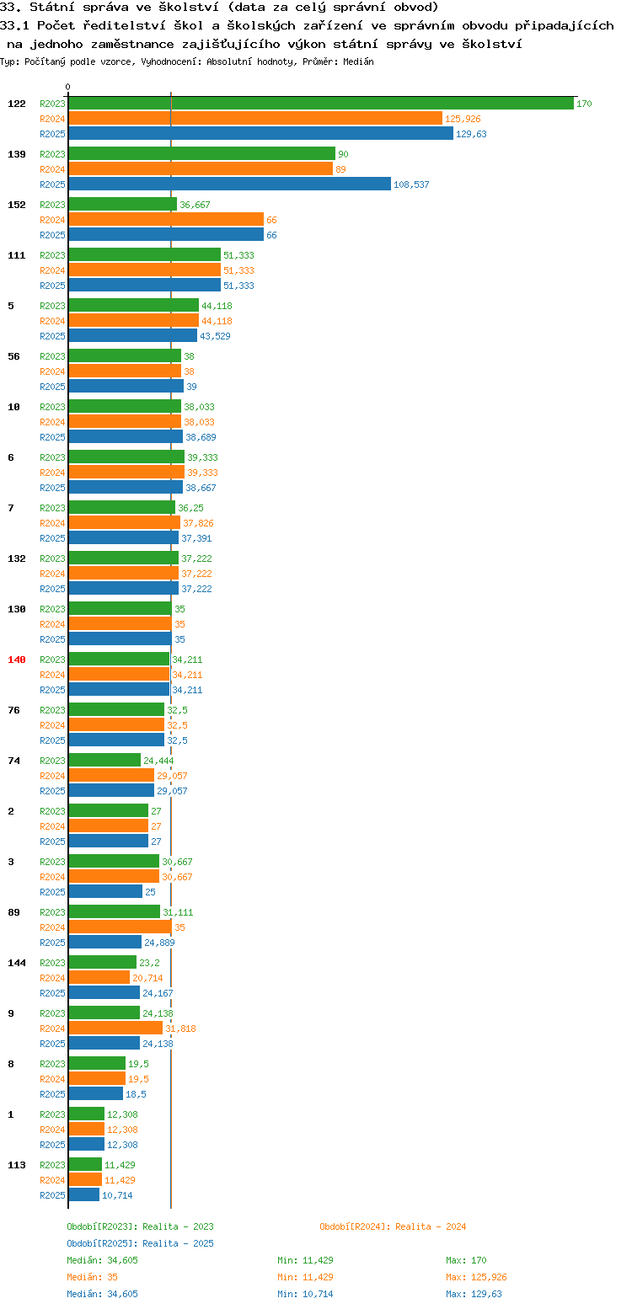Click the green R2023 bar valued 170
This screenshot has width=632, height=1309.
tap(321, 104)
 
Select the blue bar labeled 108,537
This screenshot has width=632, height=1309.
tap(230, 184)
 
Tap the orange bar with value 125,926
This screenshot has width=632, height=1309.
tap(255, 119)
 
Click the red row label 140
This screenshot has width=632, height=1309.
tap(17, 660)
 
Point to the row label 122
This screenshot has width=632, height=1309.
tap(17, 104)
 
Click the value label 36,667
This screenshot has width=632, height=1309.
tap(195, 206)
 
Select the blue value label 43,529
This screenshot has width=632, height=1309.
tap(215, 337)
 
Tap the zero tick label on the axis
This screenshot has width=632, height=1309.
tap(67, 87)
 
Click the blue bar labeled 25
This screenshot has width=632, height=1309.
tap(105, 892)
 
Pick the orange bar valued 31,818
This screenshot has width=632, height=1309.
tap(115, 1028)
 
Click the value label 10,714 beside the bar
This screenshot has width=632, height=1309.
tap(117, 1195)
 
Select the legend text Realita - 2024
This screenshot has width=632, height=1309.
tap(431, 1226)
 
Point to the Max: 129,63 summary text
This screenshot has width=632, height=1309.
tap(474, 1294)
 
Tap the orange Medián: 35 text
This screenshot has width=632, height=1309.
tap(93, 1277)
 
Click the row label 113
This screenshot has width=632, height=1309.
tap(17, 1165)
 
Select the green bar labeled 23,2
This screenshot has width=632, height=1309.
tap(102, 963)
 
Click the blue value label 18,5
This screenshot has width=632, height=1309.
tap(137, 1094)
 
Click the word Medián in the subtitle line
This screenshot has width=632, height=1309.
tap(358, 61)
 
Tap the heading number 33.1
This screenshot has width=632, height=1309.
tap(14, 26)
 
